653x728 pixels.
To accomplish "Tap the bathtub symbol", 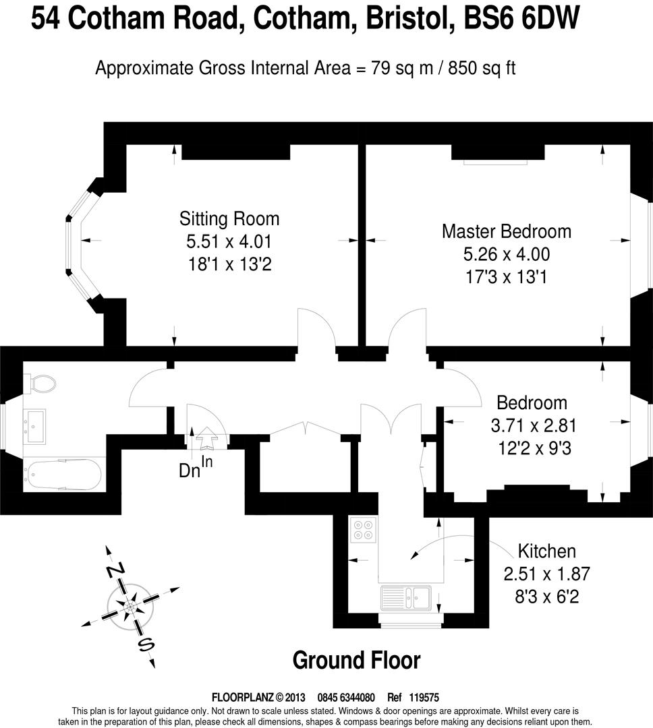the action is (x=62, y=475).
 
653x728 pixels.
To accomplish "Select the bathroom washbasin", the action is (x=34, y=426).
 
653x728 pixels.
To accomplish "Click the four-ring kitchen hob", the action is (x=363, y=530).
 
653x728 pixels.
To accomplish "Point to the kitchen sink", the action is (x=406, y=597).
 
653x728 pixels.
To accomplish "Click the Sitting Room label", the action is (x=229, y=218).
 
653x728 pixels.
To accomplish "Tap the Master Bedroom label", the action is (x=507, y=231).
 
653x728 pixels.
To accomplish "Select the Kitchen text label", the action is (x=547, y=551).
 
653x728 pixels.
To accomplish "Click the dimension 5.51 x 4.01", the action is (x=229, y=241).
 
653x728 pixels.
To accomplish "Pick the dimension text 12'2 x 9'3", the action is (x=534, y=448).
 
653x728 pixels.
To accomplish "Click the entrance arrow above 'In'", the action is (x=206, y=441).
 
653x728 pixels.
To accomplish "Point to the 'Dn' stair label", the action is (x=190, y=471).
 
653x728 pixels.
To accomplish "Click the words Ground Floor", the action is (x=356, y=660).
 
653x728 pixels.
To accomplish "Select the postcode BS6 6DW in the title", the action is (x=522, y=19).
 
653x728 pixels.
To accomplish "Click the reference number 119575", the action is (x=424, y=698).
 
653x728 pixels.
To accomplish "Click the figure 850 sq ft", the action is (x=482, y=68).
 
